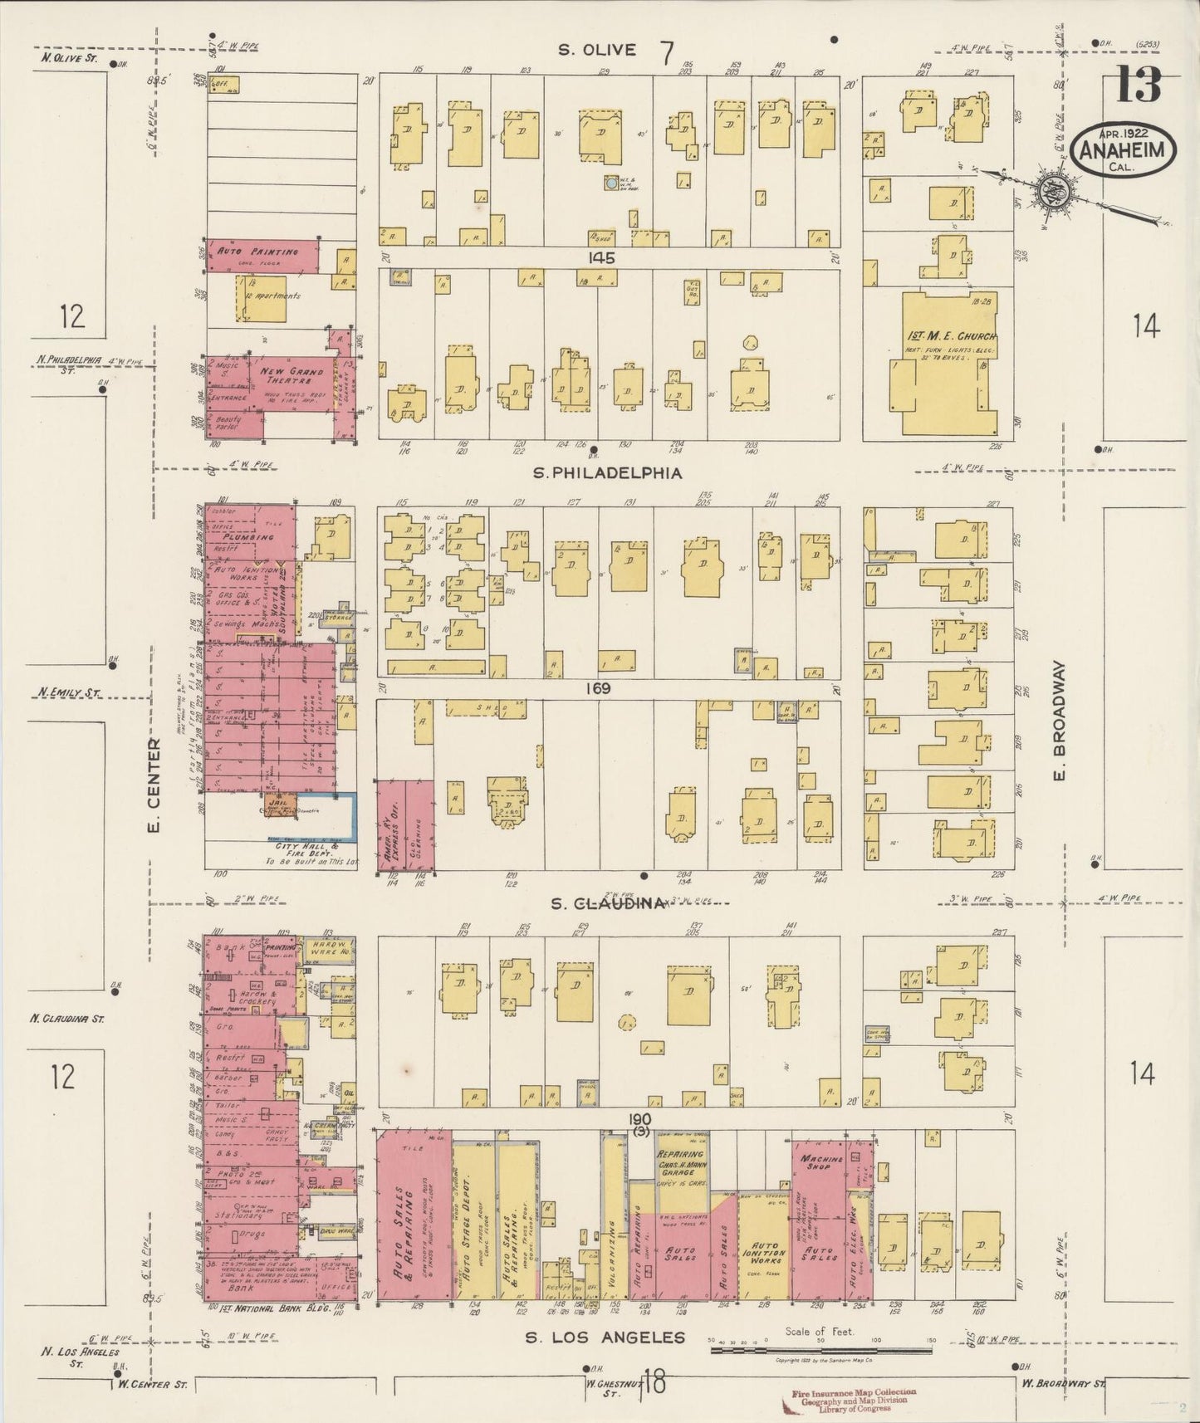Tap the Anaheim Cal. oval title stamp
1127,151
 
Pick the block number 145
601,258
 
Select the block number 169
597,688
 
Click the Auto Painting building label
257,252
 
